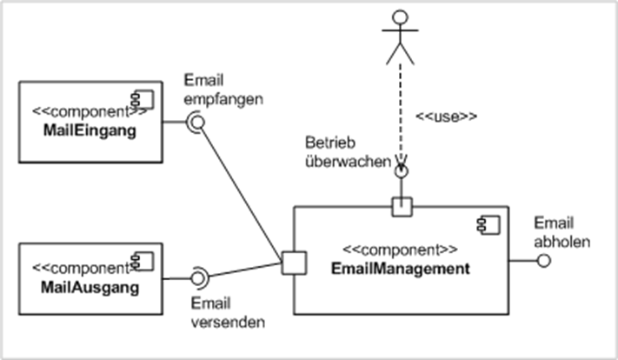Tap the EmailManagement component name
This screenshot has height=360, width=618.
click(401, 269)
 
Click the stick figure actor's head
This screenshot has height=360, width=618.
click(399, 18)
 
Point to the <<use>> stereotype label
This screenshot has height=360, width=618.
click(447, 115)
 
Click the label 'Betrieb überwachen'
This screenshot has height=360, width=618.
click(346, 150)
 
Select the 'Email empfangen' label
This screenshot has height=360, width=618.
click(223, 90)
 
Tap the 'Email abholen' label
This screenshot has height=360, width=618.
click(557, 230)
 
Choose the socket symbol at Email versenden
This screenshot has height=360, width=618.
click(198, 278)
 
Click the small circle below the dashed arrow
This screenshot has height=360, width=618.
click(401, 172)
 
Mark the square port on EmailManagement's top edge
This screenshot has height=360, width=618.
click(401, 206)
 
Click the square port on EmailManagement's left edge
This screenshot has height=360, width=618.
click(293, 260)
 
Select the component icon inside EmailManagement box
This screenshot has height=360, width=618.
click(482, 225)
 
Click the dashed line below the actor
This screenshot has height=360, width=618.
click(400, 113)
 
